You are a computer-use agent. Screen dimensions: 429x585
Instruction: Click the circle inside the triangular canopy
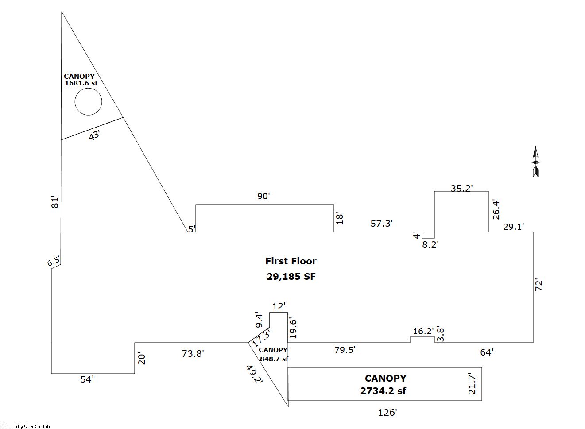coord(88,102)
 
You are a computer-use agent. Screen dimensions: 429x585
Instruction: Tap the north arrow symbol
coord(535,162)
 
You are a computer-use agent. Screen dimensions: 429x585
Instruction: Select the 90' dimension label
coord(263,196)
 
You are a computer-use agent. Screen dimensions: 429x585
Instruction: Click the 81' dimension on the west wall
coord(55,202)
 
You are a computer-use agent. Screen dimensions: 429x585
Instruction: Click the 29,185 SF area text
coord(291,277)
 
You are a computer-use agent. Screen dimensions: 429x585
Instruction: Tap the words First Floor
coord(291,261)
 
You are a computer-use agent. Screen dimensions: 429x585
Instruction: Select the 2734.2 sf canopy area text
coord(383,391)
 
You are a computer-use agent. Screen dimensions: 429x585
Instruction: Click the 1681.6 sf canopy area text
coord(81,83)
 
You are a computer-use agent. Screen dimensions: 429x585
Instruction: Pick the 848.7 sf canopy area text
coord(274,359)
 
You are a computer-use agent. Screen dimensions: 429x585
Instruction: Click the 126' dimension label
coord(387,413)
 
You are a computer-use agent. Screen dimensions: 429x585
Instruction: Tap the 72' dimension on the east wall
coord(539,285)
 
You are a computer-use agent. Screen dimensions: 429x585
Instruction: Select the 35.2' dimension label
coord(462,188)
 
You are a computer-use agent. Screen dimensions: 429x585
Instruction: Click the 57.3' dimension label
coord(382,224)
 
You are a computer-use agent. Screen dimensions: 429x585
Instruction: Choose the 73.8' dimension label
coord(193,353)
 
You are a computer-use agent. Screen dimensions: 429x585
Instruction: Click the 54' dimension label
coord(87,379)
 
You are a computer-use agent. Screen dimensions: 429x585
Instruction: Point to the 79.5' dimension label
coord(345,350)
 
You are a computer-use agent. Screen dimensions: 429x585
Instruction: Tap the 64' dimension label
coord(487,352)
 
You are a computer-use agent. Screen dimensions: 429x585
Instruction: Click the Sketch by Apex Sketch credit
coord(26,426)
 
